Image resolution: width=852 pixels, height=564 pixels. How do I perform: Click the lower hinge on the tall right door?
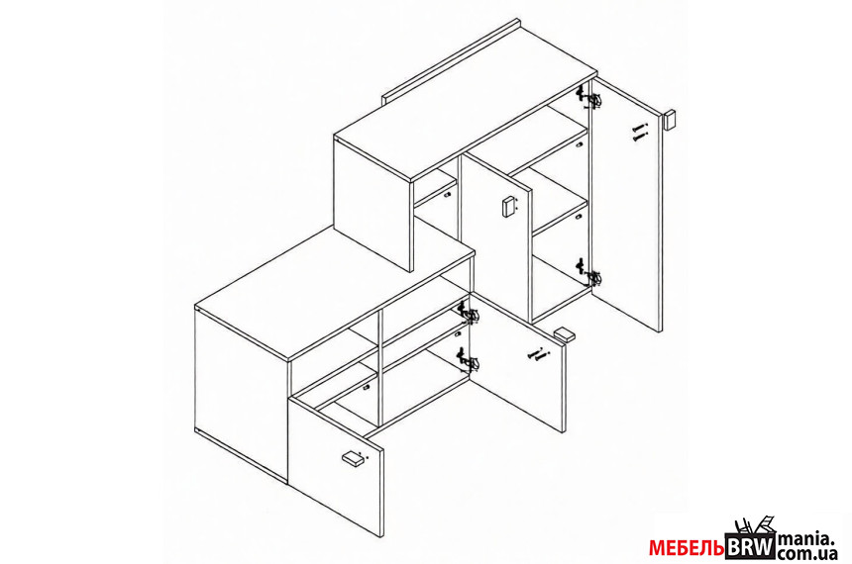(589, 273)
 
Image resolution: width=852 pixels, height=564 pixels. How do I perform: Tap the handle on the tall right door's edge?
(670, 120)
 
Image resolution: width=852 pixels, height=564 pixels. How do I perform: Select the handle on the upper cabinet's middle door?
(508, 207)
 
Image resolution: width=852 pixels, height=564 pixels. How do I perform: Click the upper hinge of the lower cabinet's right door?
(469, 314)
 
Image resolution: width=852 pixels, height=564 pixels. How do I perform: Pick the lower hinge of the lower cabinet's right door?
(469, 360)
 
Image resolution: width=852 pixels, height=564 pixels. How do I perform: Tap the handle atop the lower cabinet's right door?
(565, 333)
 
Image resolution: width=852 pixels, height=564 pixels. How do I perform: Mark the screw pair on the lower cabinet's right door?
(536, 355)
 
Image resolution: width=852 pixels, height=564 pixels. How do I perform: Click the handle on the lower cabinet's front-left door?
(355, 458)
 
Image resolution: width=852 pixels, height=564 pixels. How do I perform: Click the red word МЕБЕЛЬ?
(687, 548)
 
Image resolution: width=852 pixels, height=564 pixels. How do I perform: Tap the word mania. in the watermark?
(805, 538)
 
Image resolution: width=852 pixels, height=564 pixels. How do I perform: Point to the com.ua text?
(806, 553)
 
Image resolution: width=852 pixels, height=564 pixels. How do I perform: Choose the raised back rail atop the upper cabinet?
(451, 60)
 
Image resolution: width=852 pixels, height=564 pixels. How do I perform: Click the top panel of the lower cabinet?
(335, 293)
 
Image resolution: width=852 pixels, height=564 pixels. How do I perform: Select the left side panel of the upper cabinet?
(373, 204)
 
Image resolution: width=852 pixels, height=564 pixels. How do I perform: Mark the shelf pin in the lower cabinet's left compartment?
(367, 388)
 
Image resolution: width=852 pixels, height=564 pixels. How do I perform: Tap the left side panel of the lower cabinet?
(242, 394)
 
